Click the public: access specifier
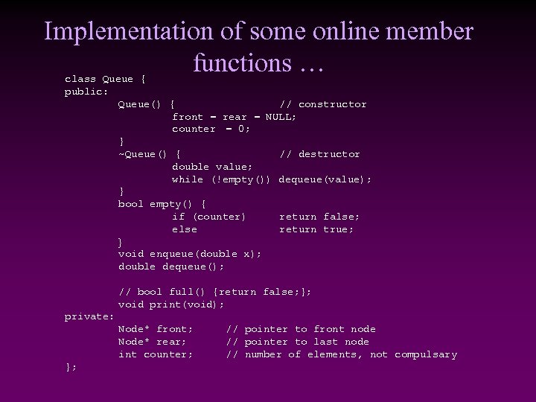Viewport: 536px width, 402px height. point(86,92)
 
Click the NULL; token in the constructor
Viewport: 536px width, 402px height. point(281,117)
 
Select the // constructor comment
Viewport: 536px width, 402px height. point(322,104)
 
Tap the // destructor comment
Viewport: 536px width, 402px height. point(319,154)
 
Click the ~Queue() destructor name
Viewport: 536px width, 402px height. point(142,154)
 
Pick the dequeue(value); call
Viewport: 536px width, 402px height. point(325,179)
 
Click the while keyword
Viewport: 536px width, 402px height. point(187,179)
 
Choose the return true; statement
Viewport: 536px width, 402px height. point(316,229)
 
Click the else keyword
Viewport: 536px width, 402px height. point(184,229)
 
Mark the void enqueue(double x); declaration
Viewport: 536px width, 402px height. point(190,254)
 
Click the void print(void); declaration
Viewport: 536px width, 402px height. point(171,304)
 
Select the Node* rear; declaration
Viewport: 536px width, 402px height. point(152,342)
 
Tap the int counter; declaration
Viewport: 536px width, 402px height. point(156,354)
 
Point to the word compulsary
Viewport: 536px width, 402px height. point(426,354)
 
